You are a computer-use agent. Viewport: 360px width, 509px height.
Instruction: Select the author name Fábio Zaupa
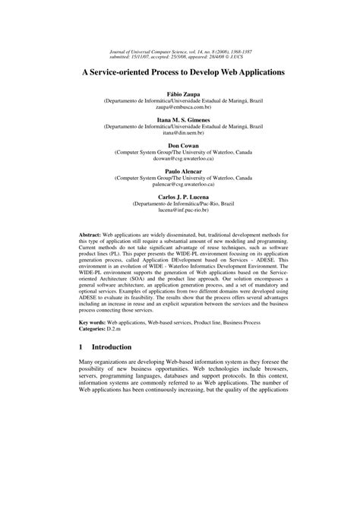click(x=180, y=93)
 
